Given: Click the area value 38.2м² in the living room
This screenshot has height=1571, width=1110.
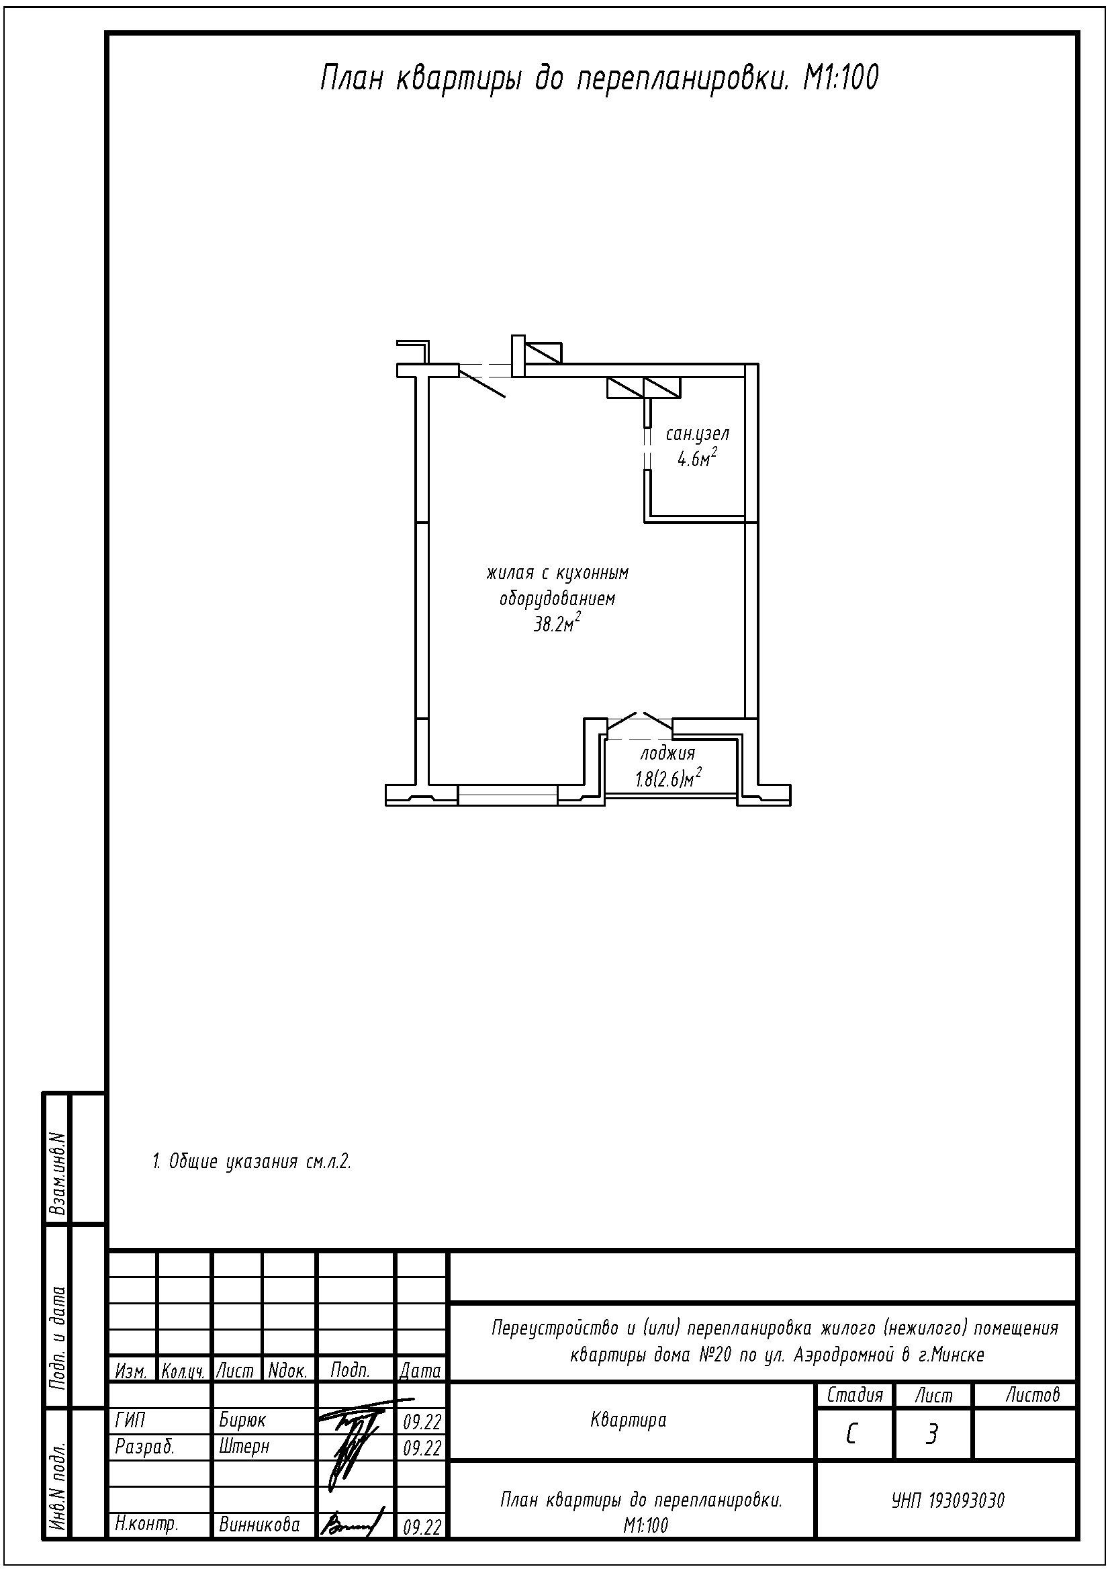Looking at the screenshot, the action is pos(557,622).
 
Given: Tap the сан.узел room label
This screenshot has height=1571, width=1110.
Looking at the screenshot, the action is pos(697,434).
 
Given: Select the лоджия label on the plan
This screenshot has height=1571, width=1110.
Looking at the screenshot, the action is pos(667,754).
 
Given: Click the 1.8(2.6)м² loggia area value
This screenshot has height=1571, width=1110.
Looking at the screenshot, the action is pos(669,778).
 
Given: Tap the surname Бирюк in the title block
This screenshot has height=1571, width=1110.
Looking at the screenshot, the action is pos(242,1421).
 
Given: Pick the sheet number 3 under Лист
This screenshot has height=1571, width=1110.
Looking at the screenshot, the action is pos(931,1434).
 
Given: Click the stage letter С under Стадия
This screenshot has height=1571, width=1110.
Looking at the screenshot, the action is pos(852,1434).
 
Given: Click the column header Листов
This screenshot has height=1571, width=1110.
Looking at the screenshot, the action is pos(1032,1394).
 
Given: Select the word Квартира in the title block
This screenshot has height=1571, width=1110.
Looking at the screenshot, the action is pos(628,1421).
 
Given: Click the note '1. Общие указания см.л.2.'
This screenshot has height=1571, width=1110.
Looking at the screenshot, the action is pos(251,1162).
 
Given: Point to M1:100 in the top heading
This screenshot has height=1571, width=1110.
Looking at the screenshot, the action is pos(840,79).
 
